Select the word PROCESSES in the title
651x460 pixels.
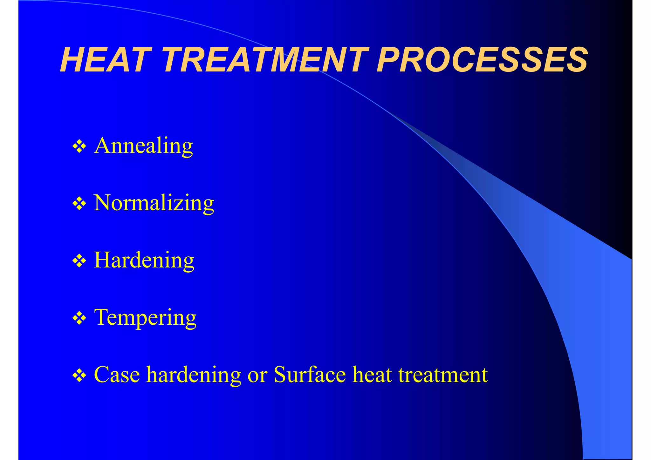coord(482,60)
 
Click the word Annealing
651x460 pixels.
coord(144,146)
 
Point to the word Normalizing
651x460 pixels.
coord(154,203)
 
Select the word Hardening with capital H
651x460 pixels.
coord(144,260)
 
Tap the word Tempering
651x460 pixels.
coord(145,318)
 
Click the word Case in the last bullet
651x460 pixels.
coord(117,375)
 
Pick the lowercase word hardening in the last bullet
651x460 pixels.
coord(194,375)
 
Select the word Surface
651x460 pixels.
coord(310,375)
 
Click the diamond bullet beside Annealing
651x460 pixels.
coord(79,147)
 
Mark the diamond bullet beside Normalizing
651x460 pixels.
coord(79,204)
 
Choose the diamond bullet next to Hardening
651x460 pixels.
coord(79,261)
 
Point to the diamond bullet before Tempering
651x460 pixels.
coord(79,318)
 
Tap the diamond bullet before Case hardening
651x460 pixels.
coord(79,375)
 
